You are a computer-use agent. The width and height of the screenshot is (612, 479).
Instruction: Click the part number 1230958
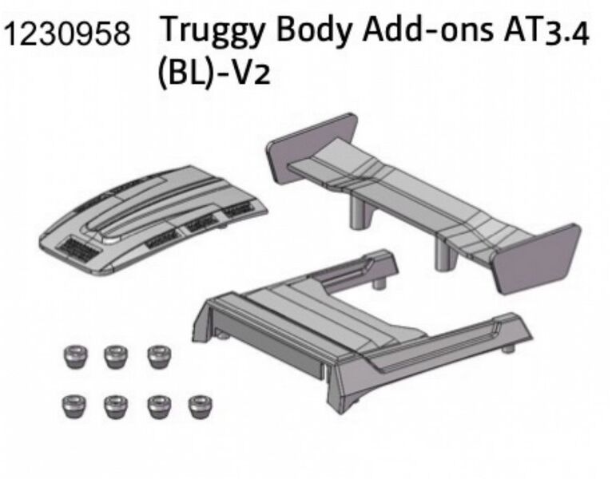pos(67,34)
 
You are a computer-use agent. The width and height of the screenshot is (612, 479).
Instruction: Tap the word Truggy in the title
pos(213,31)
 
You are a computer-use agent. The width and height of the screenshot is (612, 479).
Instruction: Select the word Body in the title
pos(314,30)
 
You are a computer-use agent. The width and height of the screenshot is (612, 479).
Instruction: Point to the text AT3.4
pos(546,32)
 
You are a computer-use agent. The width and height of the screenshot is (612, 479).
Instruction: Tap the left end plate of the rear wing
pos(311,148)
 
